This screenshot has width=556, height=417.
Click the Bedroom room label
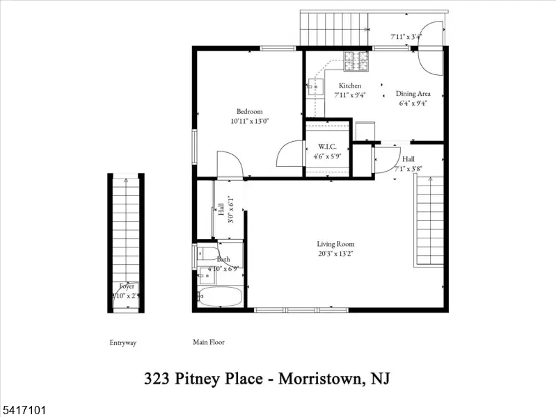[x=249, y=112]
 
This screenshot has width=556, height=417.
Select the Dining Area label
[x=413, y=94]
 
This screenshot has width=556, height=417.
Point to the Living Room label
[x=335, y=244]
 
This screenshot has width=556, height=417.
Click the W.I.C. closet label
[x=328, y=147]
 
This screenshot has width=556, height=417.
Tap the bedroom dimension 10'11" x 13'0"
[x=249, y=121]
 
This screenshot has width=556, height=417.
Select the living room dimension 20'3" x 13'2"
[x=335, y=253]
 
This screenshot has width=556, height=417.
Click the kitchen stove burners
[x=358, y=61]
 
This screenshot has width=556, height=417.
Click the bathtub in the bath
[x=220, y=297]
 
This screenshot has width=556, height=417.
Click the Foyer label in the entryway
[x=127, y=286]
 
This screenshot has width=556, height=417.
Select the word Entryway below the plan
[x=123, y=343]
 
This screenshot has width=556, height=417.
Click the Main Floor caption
[x=209, y=342]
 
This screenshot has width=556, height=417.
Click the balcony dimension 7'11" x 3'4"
[x=406, y=36]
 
